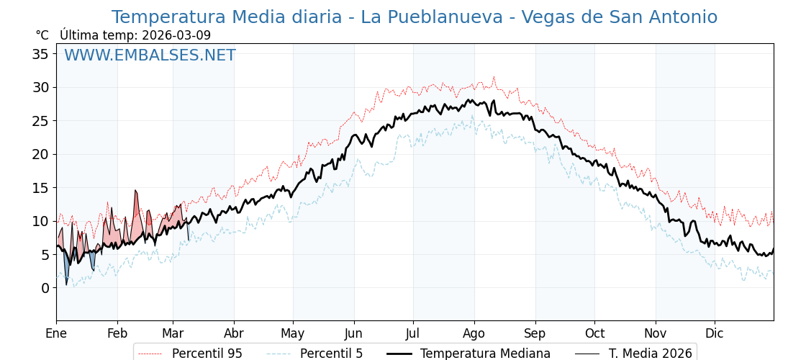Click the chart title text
click(414, 17)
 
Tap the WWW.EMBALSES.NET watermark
click(150, 55)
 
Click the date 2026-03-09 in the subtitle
click(176, 35)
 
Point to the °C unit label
click(42, 35)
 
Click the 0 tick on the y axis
click(45, 288)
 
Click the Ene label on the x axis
click(56, 333)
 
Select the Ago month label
click(474, 333)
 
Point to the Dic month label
click(715, 333)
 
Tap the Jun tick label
click(353, 333)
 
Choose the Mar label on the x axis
click(173, 333)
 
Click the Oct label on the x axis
click(594, 333)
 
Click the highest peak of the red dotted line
click(494, 76)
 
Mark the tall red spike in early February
click(135, 191)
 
